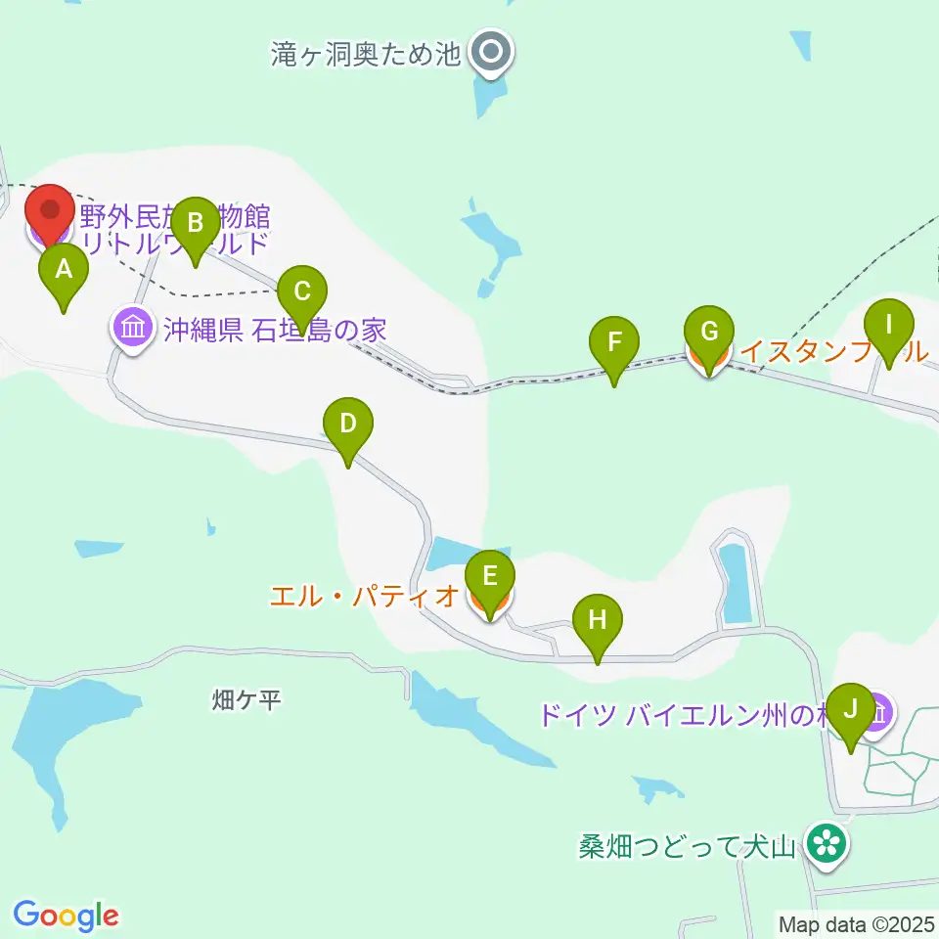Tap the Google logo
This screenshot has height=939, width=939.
pos(67,916)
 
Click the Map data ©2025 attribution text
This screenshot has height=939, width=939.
pos(855,923)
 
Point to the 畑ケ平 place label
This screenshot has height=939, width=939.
pos(246,700)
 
